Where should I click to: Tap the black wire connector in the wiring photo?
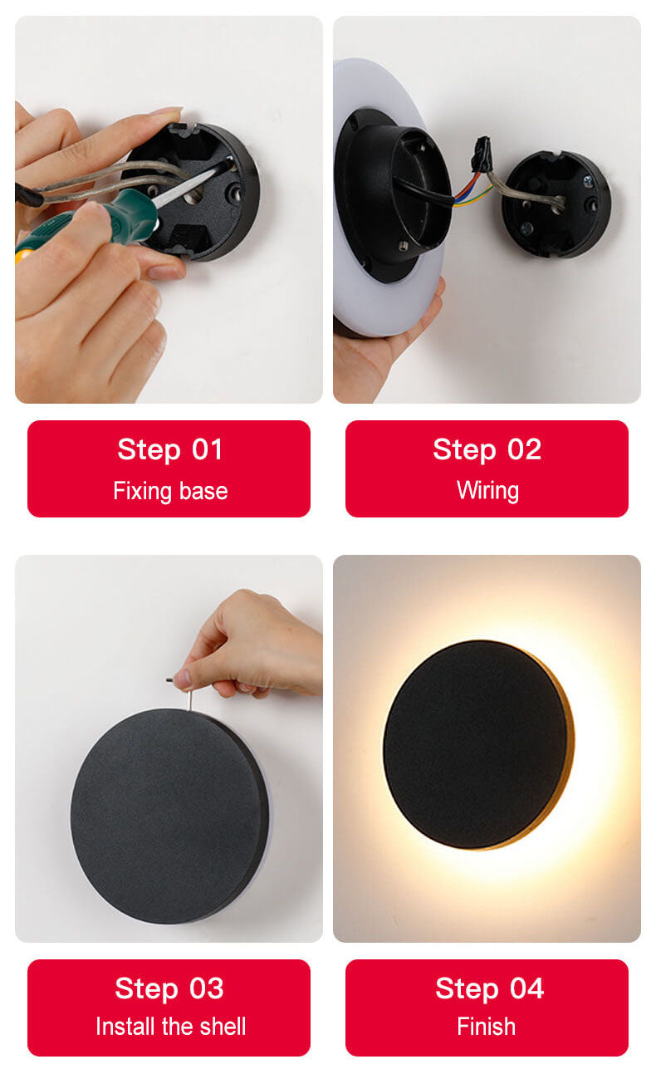[x=482, y=154]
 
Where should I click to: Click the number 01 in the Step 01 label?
[x=208, y=449]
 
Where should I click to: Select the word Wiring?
[x=487, y=491]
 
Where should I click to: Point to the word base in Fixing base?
[x=203, y=491]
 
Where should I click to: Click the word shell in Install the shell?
[x=223, y=1026]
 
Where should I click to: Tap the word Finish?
[x=486, y=1026]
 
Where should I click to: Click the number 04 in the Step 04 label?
[x=526, y=988]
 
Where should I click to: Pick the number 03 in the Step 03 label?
[x=207, y=988]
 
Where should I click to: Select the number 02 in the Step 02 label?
[x=524, y=449]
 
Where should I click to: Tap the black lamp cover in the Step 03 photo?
[x=169, y=816]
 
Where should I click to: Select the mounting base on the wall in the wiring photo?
[x=556, y=204]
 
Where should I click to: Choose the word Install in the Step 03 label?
[x=126, y=1026]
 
